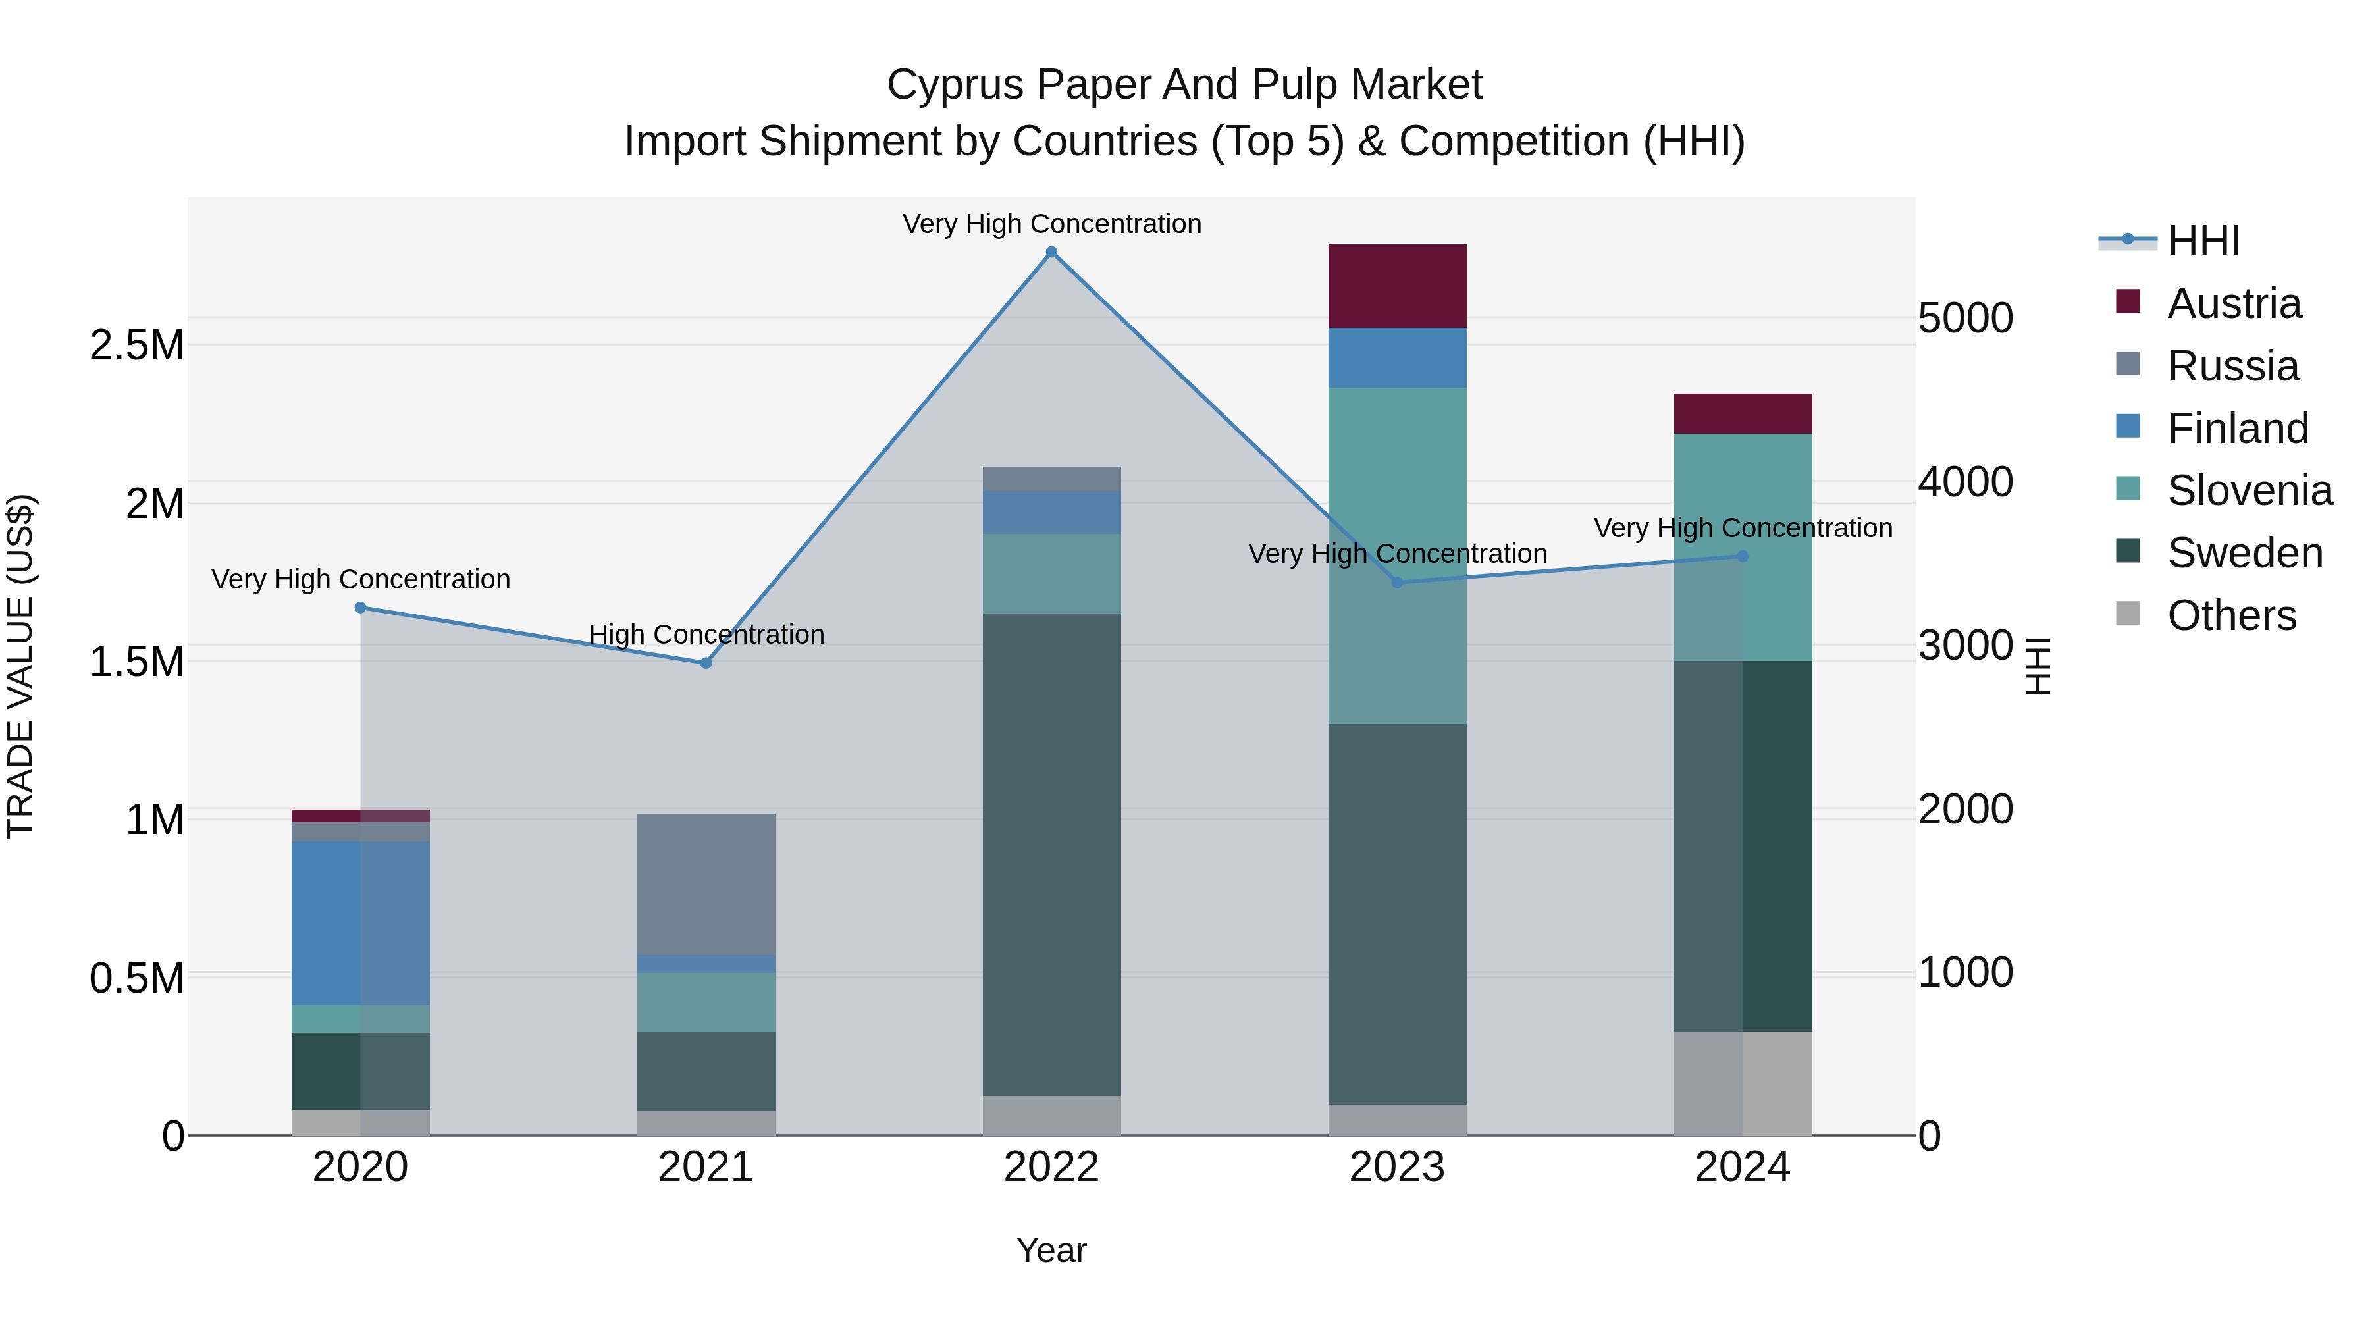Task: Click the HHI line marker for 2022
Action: tap(1051, 252)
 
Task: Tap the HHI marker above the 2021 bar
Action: tap(706, 664)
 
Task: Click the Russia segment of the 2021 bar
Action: tap(706, 884)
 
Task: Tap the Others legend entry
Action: tap(2230, 615)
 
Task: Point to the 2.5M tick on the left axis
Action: tap(136, 346)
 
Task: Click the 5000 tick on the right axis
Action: tap(1965, 319)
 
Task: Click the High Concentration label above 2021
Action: tap(706, 635)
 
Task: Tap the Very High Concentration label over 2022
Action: tap(1051, 224)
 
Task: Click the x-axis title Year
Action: tap(1051, 1250)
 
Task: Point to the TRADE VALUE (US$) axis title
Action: tap(20, 666)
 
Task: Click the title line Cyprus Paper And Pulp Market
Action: tap(1184, 85)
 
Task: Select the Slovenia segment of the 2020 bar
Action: tap(359, 1018)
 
